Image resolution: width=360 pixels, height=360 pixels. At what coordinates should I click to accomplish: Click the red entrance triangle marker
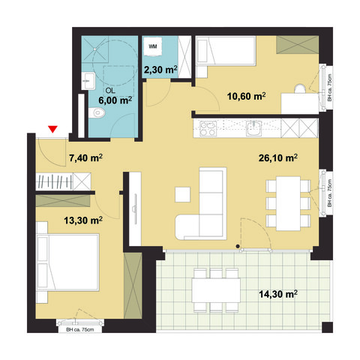coord(52,130)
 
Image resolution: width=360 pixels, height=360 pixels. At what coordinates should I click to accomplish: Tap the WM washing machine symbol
coord(153,46)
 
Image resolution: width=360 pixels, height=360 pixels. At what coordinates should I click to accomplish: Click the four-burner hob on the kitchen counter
coord(207,129)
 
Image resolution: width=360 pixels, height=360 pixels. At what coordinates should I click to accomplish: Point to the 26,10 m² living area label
coord(278,158)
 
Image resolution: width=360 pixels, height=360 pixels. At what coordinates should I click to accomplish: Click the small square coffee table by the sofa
coord(184,194)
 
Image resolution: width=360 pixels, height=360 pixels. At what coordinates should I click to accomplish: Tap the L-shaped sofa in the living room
coord(206,210)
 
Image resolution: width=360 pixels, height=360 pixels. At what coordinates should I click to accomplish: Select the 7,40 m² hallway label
coord(85,158)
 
